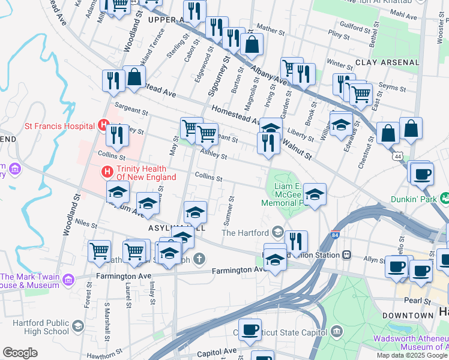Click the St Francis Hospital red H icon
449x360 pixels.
103,126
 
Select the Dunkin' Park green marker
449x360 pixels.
445,197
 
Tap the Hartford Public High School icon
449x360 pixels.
77,326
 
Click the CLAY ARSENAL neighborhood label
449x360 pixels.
387,62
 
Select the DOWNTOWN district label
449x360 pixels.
408,315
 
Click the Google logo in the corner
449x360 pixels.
20,353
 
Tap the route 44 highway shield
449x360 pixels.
399,156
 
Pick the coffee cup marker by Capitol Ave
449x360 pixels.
250,329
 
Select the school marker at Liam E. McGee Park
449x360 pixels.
315,193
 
